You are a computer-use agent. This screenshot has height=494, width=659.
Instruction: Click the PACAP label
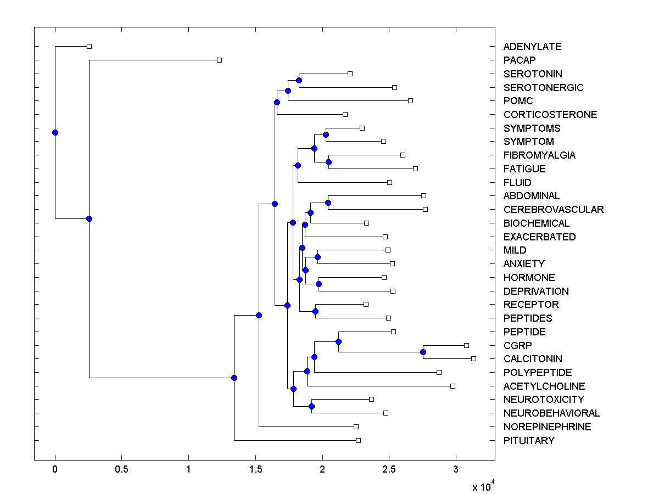pyautogui.click(x=519, y=60)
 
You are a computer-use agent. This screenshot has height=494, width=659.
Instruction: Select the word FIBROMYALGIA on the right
pyautogui.click(x=539, y=155)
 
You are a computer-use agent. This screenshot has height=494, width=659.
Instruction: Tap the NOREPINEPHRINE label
pyautogui.click(x=547, y=427)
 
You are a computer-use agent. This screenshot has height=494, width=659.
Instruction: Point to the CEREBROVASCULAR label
pyautogui.click(x=553, y=210)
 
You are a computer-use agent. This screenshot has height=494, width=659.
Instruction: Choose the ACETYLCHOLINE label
pyautogui.click(x=544, y=386)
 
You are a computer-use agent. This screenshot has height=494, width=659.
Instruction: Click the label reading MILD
pyautogui.click(x=515, y=250)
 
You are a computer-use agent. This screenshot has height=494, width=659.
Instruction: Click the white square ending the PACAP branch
pyautogui.click(x=219, y=60)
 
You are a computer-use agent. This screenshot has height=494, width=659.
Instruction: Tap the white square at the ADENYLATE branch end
pyautogui.click(x=90, y=47)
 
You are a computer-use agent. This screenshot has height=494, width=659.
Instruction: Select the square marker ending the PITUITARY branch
pyautogui.click(x=358, y=440)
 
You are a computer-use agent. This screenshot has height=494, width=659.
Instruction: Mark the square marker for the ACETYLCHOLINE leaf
pyautogui.click(x=453, y=386)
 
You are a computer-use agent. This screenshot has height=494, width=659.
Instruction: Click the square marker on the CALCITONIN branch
pyautogui.click(x=473, y=358)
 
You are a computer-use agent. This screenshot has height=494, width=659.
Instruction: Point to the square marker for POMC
pyautogui.click(x=410, y=101)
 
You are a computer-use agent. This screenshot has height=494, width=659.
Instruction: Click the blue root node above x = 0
pyautogui.click(x=55, y=132)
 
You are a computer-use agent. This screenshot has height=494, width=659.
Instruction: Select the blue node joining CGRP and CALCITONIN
pyautogui.click(x=423, y=352)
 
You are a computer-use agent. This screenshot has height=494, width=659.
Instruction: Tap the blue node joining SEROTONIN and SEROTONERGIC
pyautogui.click(x=299, y=80)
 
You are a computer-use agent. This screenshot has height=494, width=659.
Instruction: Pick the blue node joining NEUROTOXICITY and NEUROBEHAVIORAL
pyautogui.click(x=311, y=406)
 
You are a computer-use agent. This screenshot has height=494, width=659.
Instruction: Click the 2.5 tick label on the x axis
pyautogui.click(x=389, y=470)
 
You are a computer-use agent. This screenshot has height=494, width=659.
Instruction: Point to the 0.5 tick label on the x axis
pyautogui.click(x=121, y=470)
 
